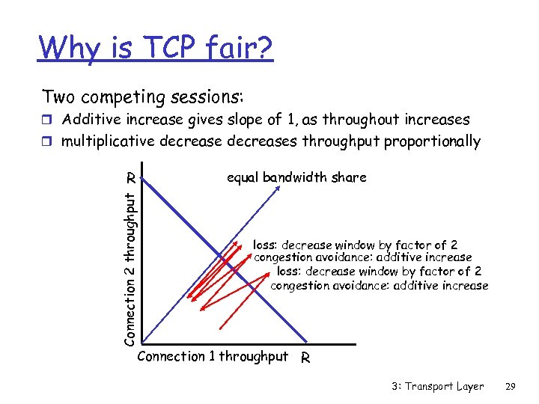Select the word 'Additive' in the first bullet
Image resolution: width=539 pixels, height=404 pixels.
click(x=92, y=120)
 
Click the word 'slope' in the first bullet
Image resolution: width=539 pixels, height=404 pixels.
click(x=238, y=120)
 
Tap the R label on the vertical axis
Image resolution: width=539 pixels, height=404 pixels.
click(x=130, y=178)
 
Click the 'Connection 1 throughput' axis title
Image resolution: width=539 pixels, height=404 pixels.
click(x=213, y=356)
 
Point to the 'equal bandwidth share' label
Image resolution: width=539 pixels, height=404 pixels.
click(x=296, y=177)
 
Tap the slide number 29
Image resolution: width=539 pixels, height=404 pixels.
click(x=511, y=386)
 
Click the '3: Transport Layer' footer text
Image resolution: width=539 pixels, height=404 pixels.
click(x=437, y=386)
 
